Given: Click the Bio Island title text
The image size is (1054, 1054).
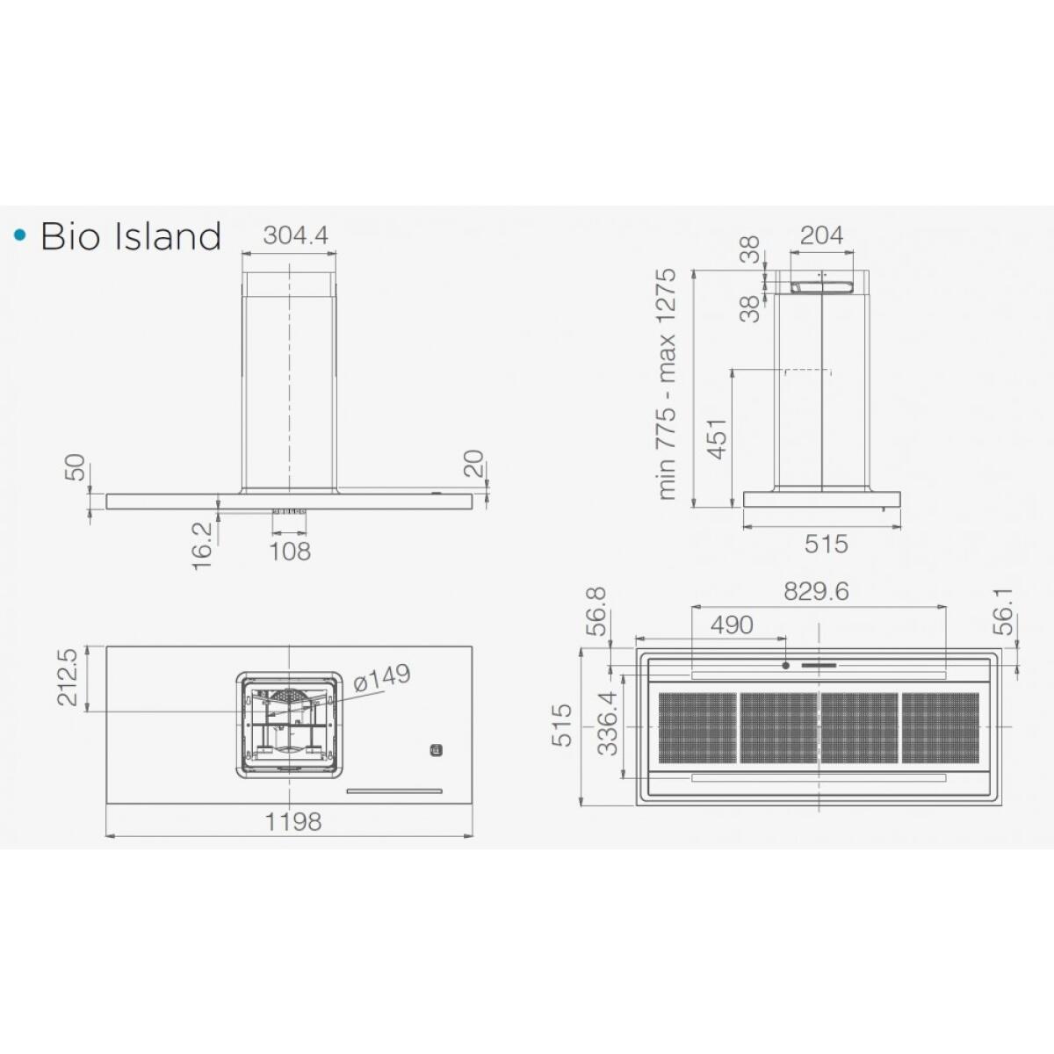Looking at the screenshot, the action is (131, 236).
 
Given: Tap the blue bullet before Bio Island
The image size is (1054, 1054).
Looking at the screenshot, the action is (20, 235).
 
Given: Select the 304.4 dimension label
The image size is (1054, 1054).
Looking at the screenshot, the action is (295, 235).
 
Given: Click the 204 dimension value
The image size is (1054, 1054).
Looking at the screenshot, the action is (821, 235).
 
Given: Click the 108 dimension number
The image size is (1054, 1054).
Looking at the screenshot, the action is (290, 552).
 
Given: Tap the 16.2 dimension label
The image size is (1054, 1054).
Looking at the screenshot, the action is (202, 545).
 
